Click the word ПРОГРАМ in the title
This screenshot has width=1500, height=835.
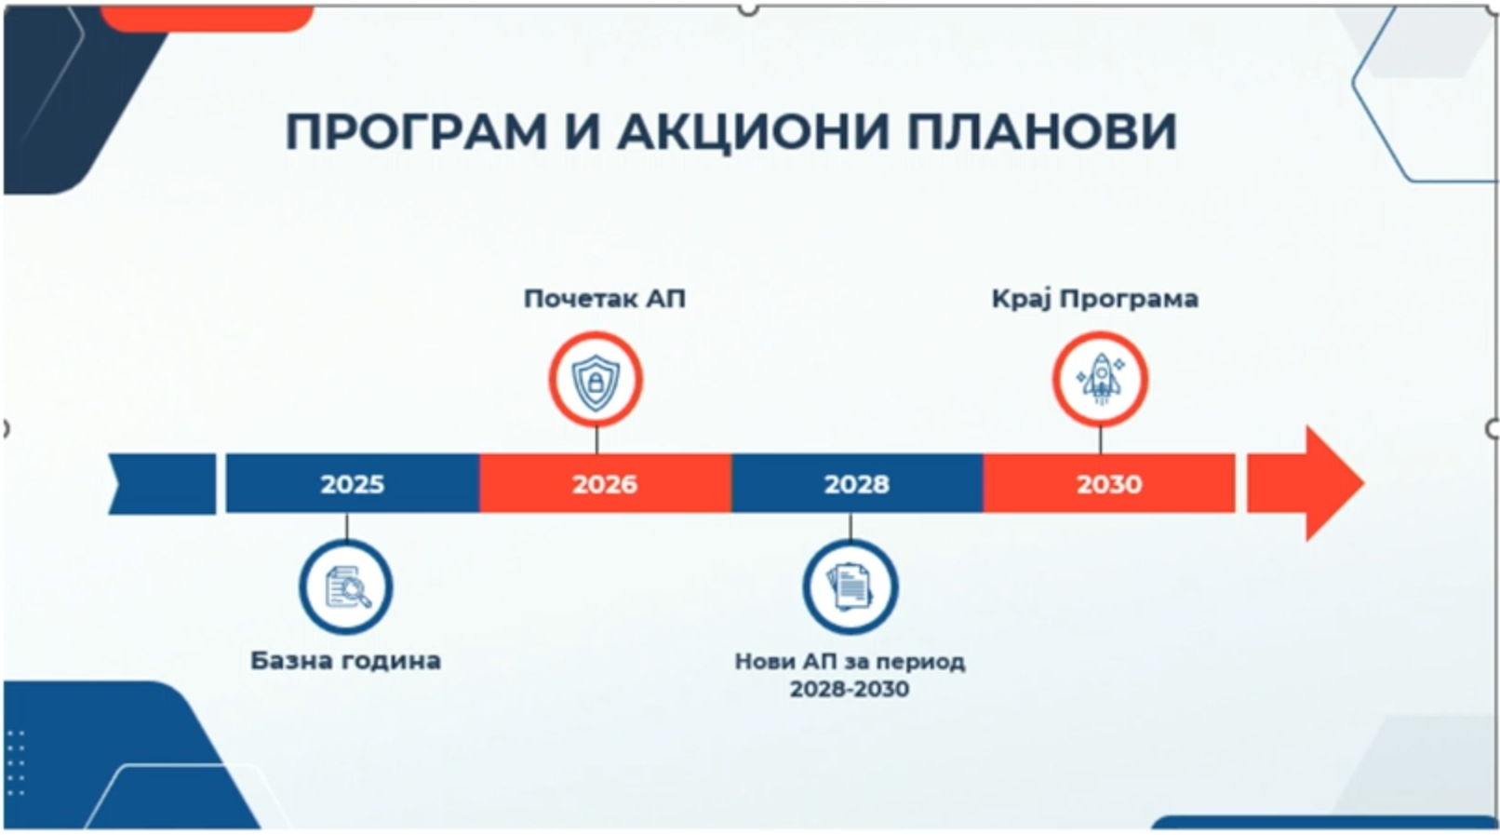[x=416, y=131]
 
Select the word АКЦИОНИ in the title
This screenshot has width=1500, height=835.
[x=754, y=131]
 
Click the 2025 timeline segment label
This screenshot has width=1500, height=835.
[x=353, y=484]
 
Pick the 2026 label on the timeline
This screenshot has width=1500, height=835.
[x=605, y=484]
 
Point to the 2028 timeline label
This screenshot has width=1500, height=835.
[x=856, y=484]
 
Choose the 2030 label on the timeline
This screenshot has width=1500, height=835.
[x=1109, y=484]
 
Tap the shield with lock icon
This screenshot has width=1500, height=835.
[x=596, y=382]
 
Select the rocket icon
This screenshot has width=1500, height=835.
[x=1100, y=379]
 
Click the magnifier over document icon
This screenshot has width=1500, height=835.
[x=347, y=587]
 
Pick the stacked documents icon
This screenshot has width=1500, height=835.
[x=850, y=586]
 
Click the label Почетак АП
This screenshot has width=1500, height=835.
[x=605, y=299]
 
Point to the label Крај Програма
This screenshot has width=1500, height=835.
[x=1095, y=299]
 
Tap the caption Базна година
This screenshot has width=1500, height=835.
[x=345, y=661]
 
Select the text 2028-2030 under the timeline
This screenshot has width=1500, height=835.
[x=850, y=689]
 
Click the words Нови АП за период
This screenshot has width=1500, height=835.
[x=850, y=662]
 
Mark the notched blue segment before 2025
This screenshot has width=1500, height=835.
[x=162, y=484]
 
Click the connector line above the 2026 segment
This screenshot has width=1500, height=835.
[x=596, y=440]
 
